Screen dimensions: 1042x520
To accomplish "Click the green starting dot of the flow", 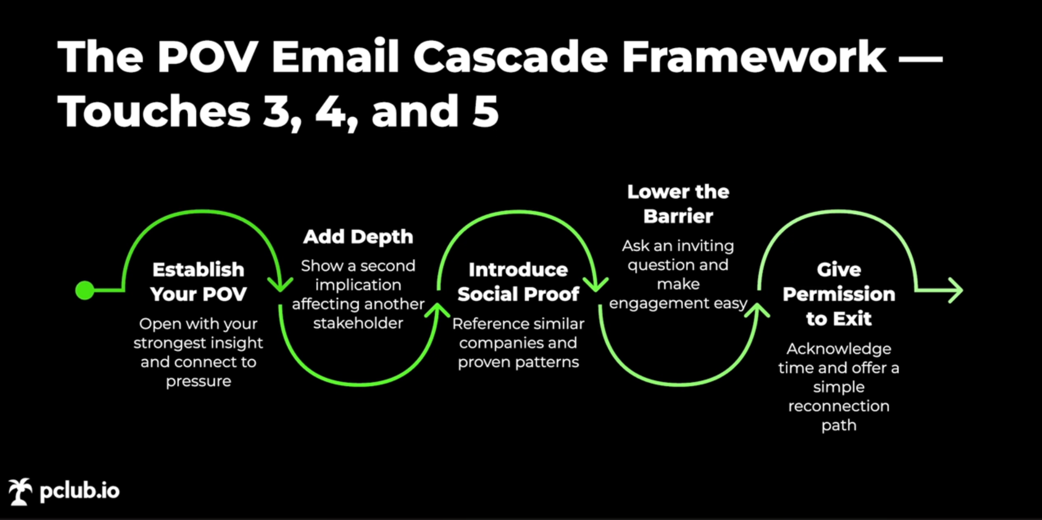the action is pos(84,291).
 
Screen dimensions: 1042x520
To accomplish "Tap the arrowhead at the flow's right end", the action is pos(956,291).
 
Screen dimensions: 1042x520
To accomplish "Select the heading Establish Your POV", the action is pos(198,282).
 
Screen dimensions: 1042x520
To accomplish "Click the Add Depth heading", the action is pos(358,237).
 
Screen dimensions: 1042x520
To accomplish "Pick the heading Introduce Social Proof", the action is pos(518,282).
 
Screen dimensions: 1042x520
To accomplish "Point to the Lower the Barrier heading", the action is pos(678,204).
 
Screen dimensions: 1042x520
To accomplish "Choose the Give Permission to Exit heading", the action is pos(838,294).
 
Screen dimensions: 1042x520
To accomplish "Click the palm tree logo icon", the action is pos(20,492).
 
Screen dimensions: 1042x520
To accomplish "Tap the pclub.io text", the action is pos(79,491).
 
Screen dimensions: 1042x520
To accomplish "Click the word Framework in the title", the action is pos(754,57).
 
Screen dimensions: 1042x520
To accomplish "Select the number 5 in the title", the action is pos(485,111).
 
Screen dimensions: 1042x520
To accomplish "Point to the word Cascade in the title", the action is pos(510,57).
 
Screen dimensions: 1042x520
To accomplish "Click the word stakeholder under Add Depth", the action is pos(358,323).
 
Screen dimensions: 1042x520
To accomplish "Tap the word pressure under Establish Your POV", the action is pos(198,381).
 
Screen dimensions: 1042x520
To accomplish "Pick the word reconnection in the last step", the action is pos(838,406).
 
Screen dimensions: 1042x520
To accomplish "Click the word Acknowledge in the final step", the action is pos(838,349).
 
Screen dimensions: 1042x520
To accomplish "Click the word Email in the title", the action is pos(335,57).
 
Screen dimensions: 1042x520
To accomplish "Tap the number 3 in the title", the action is pos(280,111).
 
